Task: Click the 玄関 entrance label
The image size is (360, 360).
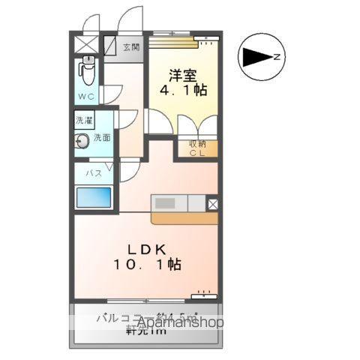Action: [131, 47]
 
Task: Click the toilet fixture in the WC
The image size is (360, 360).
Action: [87, 73]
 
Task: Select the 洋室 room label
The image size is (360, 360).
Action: [183, 75]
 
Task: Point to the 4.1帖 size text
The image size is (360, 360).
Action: [183, 90]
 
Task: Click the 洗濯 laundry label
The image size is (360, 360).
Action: [83, 120]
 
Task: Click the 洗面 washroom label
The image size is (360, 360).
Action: [102, 139]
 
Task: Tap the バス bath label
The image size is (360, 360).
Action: [93, 172]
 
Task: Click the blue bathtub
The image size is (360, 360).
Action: [93, 198]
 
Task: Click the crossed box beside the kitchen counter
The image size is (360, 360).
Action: [212, 202]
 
